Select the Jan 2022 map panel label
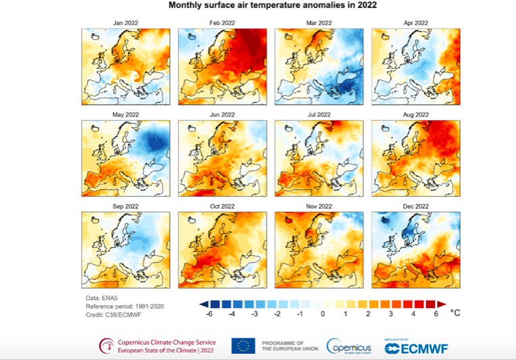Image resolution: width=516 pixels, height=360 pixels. (x=126, y=23)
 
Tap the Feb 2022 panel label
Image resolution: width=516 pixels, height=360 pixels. (x=222, y=23)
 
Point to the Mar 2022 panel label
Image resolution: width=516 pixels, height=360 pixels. (x=319, y=23)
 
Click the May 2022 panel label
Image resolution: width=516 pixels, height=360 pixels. (x=126, y=115)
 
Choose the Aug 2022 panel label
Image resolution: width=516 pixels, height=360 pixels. (x=415, y=115)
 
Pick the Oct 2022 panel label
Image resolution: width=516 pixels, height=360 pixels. (x=222, y=206)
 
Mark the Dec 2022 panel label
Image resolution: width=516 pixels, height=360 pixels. (x=415, y=206)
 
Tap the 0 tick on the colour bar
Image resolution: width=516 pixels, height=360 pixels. (x=323, y=314)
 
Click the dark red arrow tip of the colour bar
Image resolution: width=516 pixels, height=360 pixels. (x=442, y=303)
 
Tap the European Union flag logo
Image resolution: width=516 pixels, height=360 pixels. (x=242, y=346)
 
